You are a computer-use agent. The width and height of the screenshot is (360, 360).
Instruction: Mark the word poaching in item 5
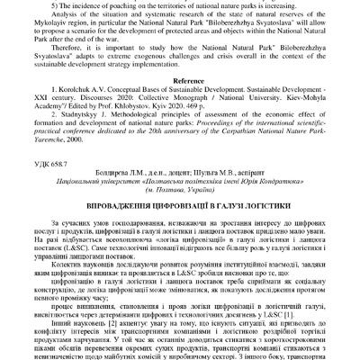point(143,5)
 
